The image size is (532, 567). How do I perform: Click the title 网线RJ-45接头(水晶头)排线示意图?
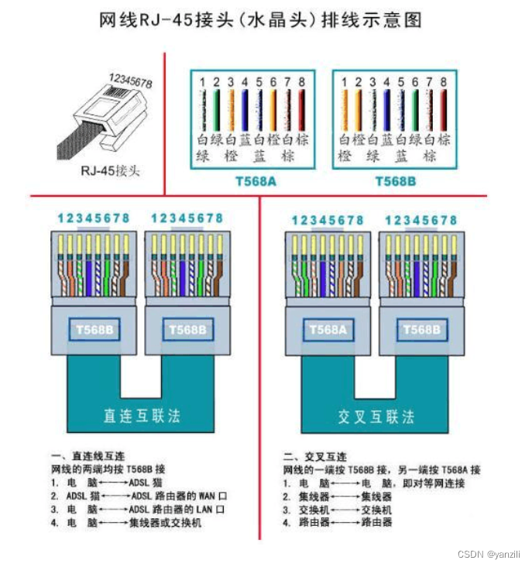click(x=260, y=20)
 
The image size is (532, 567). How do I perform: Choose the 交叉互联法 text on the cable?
click(x=376, y=415)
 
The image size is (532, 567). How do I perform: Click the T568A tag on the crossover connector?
click(x=327, y=329)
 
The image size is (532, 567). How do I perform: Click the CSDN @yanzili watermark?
click(x=489, y=554)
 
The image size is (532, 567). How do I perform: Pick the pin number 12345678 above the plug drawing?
click(x=130, y=80)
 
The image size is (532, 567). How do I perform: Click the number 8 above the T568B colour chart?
click(x=443, y=81)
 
